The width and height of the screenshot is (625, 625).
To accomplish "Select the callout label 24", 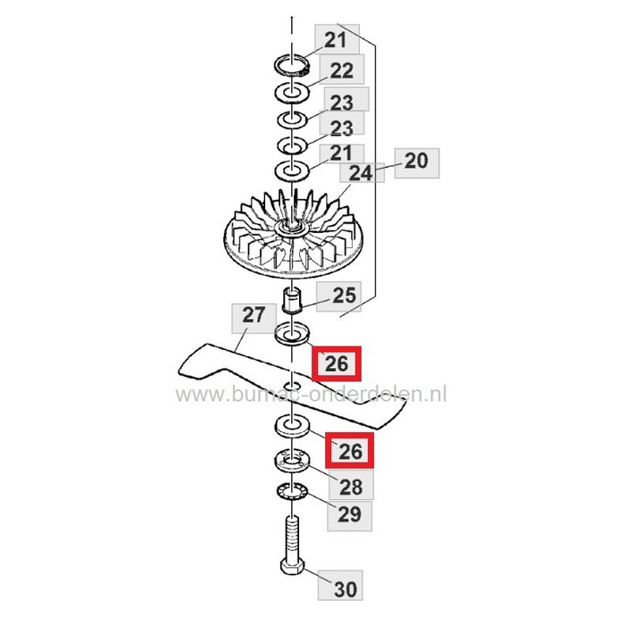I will coord(360,172).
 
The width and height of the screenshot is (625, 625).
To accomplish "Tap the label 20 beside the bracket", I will coord(416,162).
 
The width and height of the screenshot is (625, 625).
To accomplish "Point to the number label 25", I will coord(344,294).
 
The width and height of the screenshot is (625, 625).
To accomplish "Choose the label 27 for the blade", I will coord(254,315).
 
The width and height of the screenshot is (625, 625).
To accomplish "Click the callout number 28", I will coord(351,486).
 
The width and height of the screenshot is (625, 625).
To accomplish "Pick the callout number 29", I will coord(351,515).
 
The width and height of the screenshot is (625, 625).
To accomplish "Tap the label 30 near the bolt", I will coord(345,590).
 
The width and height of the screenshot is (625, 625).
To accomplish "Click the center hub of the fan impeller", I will coord(290,230).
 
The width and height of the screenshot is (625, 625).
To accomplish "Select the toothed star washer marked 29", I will coord(290,490).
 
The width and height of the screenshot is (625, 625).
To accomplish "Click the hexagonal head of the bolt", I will coord(291,574).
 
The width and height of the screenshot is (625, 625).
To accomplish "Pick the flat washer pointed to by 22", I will coord(290,91).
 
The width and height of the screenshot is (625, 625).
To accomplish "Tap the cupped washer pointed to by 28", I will coord(290,460).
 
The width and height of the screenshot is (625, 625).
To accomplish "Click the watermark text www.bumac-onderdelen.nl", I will coord(312,393).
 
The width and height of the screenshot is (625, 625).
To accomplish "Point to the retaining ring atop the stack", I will coord(291,64).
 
